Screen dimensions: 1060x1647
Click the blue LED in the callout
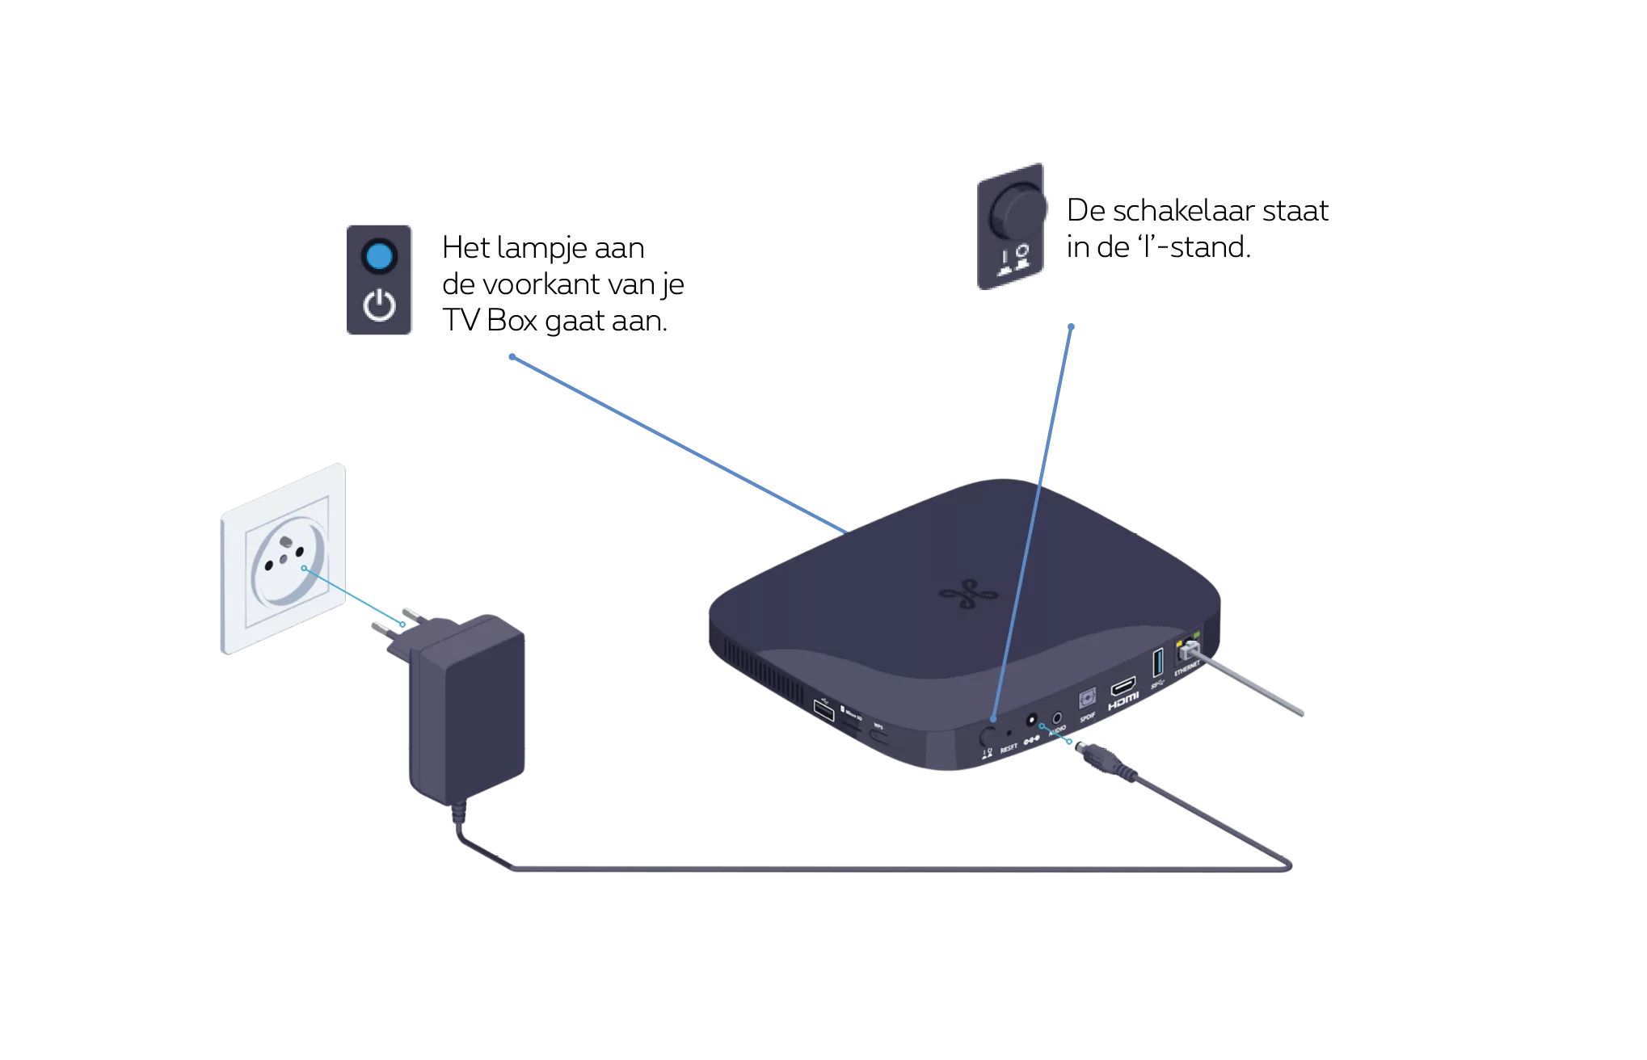(x=378, y=257)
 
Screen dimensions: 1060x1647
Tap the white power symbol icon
(x=379, y=307)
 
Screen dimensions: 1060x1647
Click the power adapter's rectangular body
(x=467, y=711)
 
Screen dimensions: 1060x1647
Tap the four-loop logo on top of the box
(x=963, y=596)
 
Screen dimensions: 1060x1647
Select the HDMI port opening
(x=1123, y=688)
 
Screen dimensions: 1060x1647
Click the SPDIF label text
(x=1087, y=717)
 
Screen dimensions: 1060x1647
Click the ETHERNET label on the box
(x=1186, y=669)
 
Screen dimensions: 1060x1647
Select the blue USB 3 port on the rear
(x=1157, y=662)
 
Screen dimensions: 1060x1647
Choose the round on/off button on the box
(x=987, y=735)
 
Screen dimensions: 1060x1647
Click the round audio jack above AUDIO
(x=1055, y=717)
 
